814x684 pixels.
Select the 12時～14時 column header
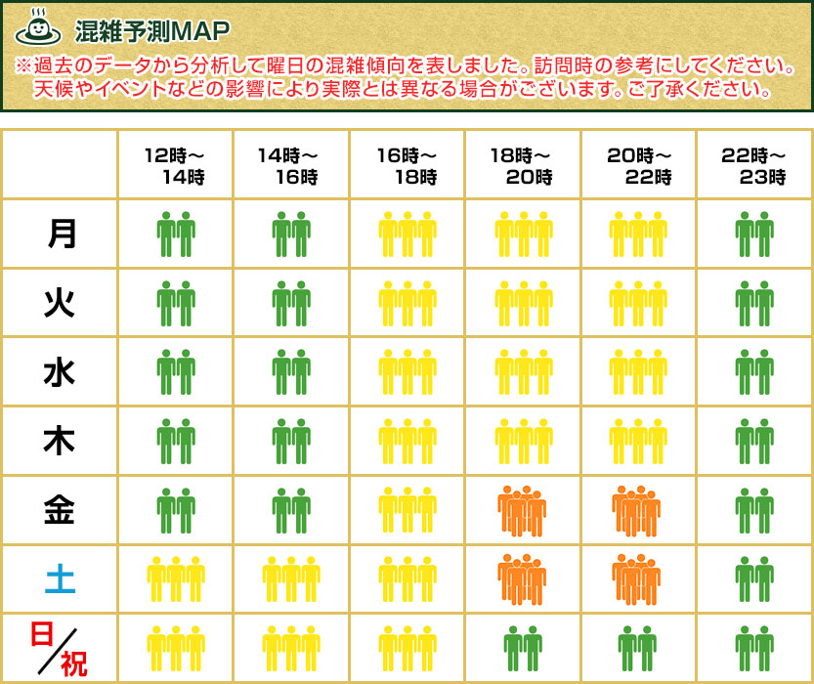click(x=175, y=165)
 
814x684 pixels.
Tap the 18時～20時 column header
click(x=522, y=165)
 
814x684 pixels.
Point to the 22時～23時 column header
click(x=753, y=165)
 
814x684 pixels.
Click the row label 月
click(x=60, y=234)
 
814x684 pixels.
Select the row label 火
click(x=60, y=303)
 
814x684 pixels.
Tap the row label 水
click(x=60, y=372)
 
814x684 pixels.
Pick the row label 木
click(x=60, y=441)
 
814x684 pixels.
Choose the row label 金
click(x=60, y=510)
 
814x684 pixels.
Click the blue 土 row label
click(x=60, y=579)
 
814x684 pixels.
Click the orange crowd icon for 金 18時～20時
click(x=522, y=511)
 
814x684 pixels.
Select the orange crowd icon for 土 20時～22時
click(x=637, y=579)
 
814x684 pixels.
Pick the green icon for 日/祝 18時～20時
click(x=522, y=649)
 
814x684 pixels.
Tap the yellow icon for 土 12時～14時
click(x=176, y=579)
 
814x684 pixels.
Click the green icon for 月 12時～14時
click(x=176, y=234)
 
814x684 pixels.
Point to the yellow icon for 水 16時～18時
click(x=407, y=372)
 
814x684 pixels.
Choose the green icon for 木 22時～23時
click(x=753, y=441)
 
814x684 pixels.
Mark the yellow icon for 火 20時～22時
click(x=637, y=303)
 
